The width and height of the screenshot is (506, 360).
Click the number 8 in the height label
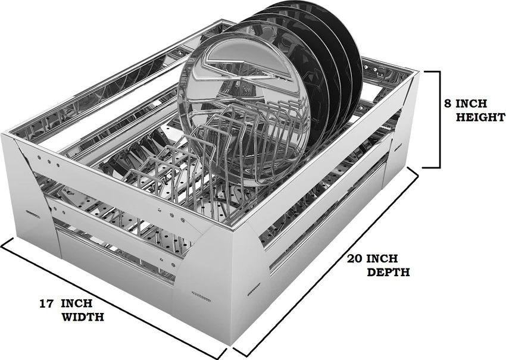point(448,102)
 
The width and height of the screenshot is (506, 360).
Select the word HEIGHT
point(480,117)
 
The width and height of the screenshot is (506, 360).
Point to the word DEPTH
point(388,273)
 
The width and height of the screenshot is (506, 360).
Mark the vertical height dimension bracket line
point(439,119)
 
